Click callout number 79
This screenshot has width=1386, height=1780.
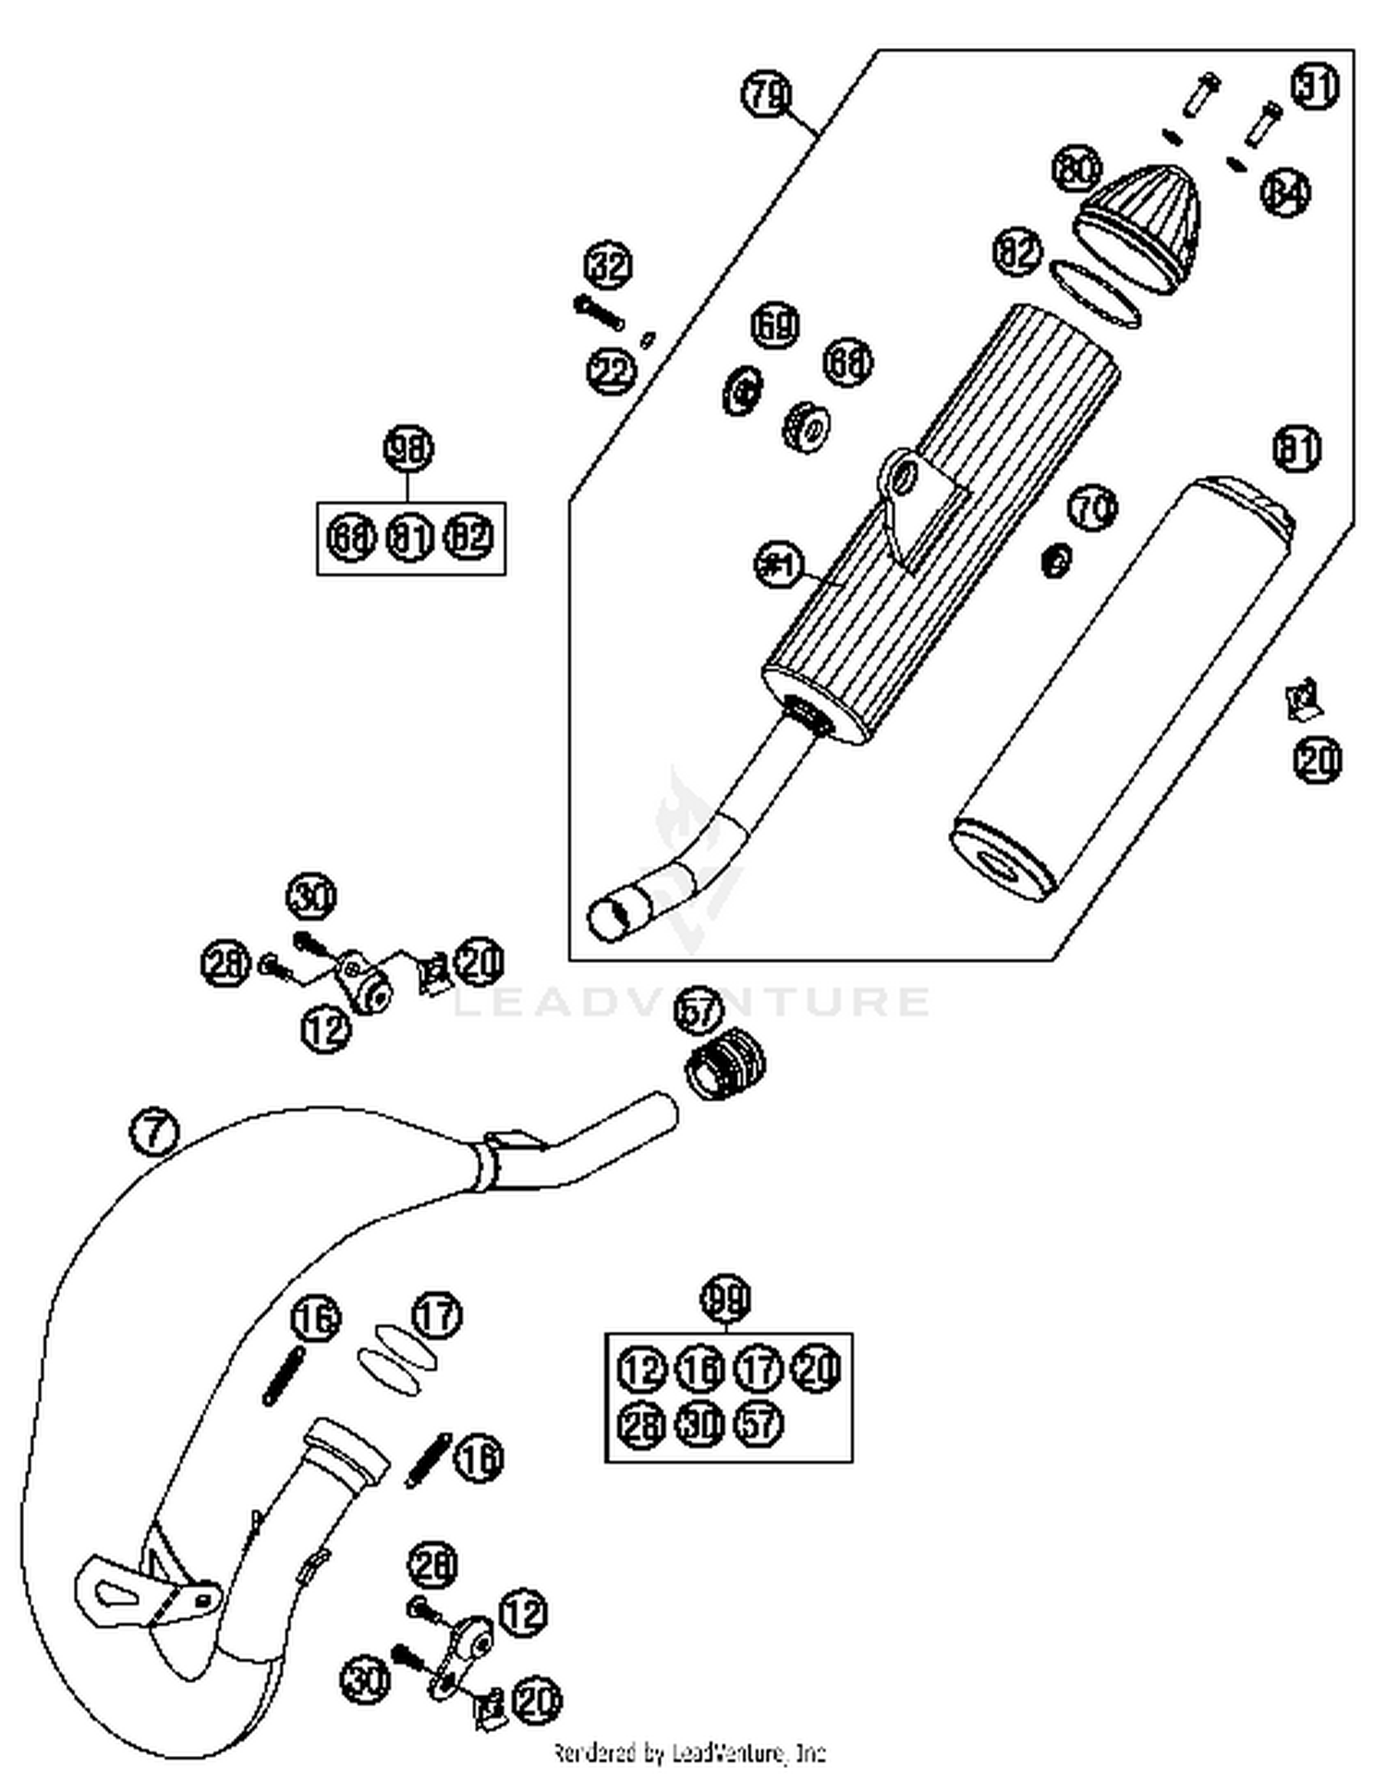[x=766, y=96]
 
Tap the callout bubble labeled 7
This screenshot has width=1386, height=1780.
[x=153, y=1132]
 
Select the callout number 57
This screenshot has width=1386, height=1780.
[x=699, y=1012]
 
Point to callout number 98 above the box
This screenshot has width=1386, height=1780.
[x=408, y=450]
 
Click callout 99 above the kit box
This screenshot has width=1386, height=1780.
[x=726, y=1300]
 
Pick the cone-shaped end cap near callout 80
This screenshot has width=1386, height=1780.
[x=1141, y=226]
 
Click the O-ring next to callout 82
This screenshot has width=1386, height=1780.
[x=1095, y=294]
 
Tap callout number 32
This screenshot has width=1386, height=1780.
[x=609, y=268]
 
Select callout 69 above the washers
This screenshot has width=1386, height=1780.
[x=774, y=326]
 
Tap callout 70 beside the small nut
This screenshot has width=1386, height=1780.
[x=1093, y=509]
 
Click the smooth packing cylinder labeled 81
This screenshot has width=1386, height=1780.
[x=1123, y=689]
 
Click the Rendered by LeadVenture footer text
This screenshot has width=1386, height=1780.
[x=689, y=1752]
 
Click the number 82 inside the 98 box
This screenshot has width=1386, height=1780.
[x=470, y=536]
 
